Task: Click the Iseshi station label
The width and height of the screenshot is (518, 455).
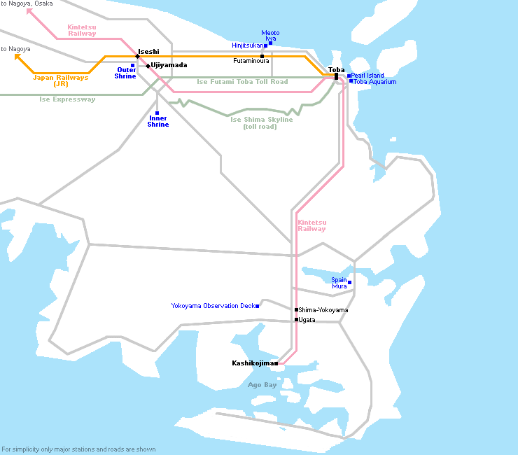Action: [x=148, y=52]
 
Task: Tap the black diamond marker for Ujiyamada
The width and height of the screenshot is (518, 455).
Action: [x=148, y=66]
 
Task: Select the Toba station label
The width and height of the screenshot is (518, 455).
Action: [x=336, y=70]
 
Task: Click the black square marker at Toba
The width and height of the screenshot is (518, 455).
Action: [x=336, y=77]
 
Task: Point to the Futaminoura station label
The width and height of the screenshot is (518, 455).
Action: [x=251, y=61]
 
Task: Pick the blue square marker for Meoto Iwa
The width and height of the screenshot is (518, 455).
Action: [x=271, y=43]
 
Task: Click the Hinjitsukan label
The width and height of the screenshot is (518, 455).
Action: [x=247, y=45]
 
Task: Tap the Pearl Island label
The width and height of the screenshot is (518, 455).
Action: [x=367, y=76]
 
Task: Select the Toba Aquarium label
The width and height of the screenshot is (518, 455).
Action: [x=375, y=82]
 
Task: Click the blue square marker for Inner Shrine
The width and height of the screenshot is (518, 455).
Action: [x=157, y=113]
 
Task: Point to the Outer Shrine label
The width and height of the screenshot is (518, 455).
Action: [x=125, y=73]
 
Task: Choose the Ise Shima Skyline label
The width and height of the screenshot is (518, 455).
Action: [x=261, y=122]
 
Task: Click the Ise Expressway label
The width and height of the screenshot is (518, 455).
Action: [x=67, y=99]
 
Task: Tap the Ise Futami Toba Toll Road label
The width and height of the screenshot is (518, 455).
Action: [x=242, y=82]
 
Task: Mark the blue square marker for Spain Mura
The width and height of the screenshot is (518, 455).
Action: [x=349, y=283]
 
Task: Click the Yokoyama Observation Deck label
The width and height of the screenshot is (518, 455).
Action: [x=213, y=306]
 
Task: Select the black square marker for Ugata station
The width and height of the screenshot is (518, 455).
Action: [x=296, y=319]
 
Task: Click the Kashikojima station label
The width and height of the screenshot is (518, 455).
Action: [x=253, y=363]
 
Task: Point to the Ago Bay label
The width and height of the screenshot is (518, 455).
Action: [x=262, y=384]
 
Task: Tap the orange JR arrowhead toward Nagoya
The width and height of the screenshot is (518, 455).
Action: [x=17, y=57]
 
